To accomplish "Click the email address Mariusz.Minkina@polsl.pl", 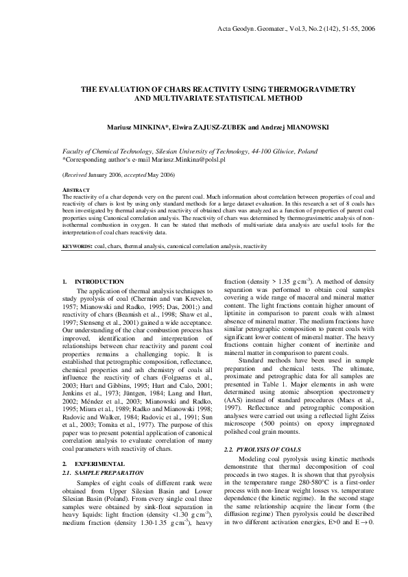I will (x=172, y=158).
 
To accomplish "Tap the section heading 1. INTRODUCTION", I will (x=93, y=282).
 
